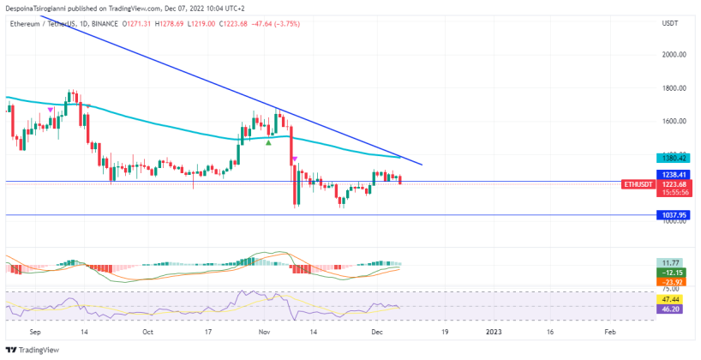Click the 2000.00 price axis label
674,55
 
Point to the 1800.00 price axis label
674,88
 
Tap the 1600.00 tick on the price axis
674,122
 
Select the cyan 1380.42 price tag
671,159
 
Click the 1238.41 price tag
671,175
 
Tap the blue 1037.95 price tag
671,215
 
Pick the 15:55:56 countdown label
671,192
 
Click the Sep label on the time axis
35,330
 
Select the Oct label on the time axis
147,330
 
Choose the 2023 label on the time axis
494,330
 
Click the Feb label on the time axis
608,330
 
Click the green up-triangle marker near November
269,142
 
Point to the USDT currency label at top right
670,23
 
